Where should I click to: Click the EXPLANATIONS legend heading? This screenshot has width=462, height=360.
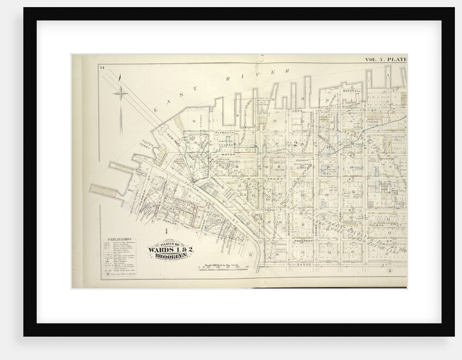tap(119, 239)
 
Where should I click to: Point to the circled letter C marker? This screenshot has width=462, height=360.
tap(251, 255)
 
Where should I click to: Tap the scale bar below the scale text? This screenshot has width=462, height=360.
tap(224, 268)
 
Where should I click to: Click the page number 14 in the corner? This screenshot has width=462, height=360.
tap(102, 67)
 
